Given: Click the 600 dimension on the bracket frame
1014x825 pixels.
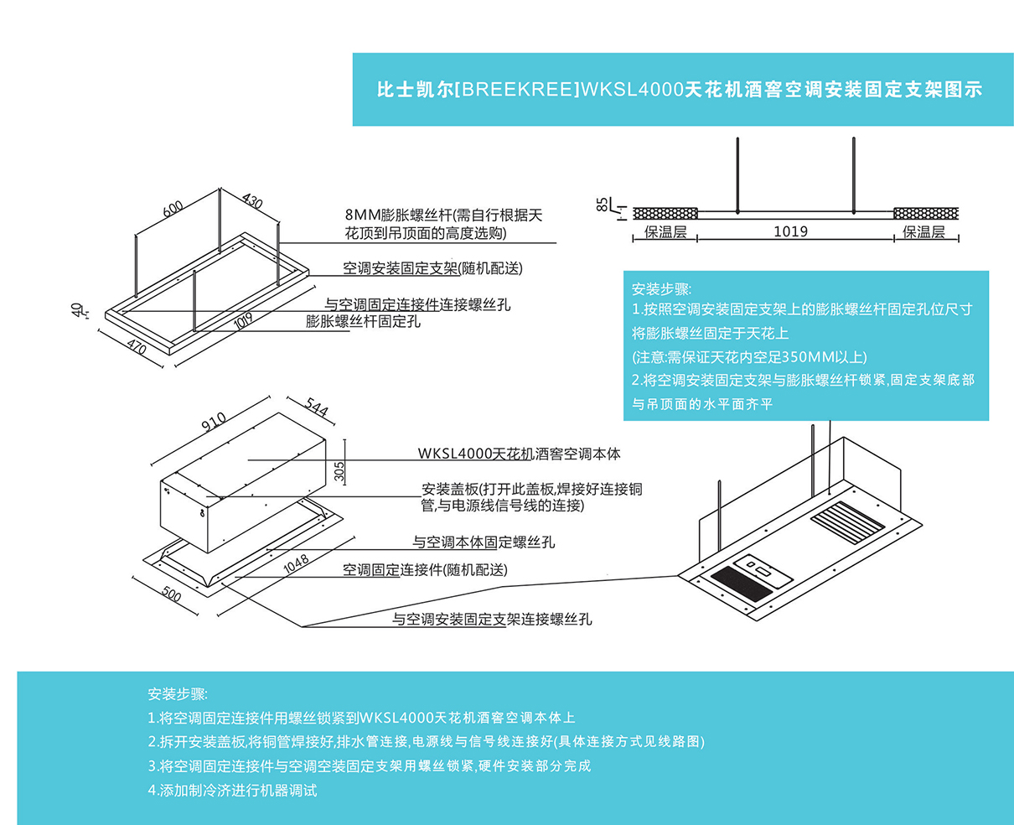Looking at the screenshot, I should pyautogui.click(x=173, y=208).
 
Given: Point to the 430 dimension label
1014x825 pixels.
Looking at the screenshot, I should pyautogui.click(x=251, y=201).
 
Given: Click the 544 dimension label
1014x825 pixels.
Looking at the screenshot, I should pyautogui.click(x=316, y=407).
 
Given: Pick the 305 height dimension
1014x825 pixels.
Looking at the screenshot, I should pyautogui.click(x=339, y=471).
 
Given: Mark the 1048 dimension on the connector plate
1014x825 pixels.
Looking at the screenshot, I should pyautogui.click(x=296, y=564).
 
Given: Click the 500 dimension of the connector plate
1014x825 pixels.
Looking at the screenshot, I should pyautogui.click(x=170, y=594).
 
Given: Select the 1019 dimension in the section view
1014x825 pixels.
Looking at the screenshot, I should pyautogui.click(x=790, y=231).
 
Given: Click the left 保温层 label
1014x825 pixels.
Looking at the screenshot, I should pyautogui.click(x=665, y=232).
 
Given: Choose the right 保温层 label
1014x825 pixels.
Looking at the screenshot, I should pyautogui.click(x=924, y=232).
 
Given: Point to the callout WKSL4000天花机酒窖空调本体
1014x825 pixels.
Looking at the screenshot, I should pyautogui.click(x=520, y=454).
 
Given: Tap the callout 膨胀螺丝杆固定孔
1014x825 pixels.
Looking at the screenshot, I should pyautogui.click(x=363, y=321).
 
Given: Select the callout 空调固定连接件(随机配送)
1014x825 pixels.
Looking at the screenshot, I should pyautogui.click(x=425, y=570).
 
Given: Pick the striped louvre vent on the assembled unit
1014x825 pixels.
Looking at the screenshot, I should pyautogui.click(x=847, y=517).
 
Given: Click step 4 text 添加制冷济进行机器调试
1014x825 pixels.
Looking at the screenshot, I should pyautogui.click(x=233, y=790).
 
